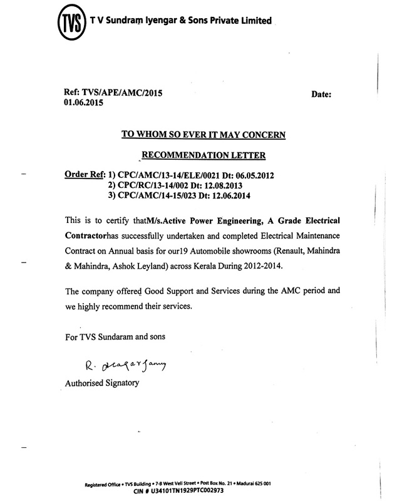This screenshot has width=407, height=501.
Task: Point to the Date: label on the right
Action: (x=324, y=94)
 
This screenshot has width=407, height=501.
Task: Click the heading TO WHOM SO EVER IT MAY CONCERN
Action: (x=203, y=134)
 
